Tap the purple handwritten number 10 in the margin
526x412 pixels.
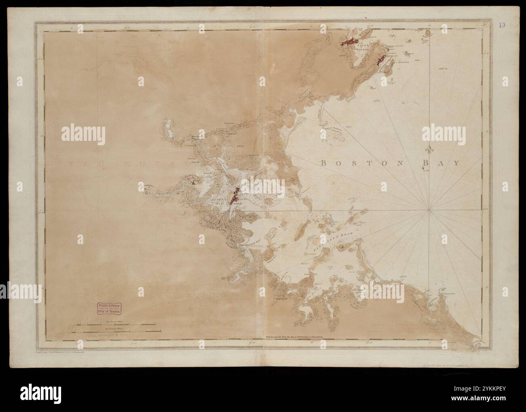[502, 25]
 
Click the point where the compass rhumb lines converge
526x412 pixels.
[429, 210]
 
